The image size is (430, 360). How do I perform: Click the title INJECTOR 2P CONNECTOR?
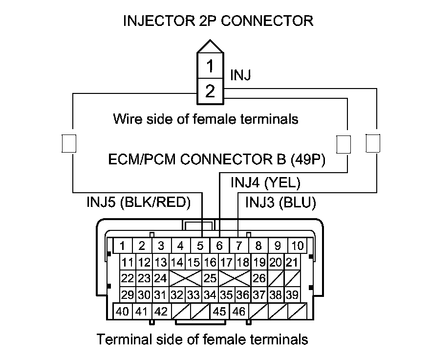(218, 21)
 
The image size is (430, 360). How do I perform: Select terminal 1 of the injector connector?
(210, 66)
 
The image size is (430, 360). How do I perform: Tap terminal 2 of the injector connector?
(210, 91)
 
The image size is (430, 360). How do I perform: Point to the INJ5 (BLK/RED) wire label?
(138, 202)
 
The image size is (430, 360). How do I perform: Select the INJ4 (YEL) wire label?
(265, 183)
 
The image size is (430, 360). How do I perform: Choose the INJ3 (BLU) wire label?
(280, 202)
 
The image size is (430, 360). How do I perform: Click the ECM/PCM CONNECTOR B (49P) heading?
(217, 159)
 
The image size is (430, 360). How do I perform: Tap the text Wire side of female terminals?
(205, 118)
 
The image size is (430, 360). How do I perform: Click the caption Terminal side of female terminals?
(203, 339)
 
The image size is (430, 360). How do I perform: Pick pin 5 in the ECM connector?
(200, 246)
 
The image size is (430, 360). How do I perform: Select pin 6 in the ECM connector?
(219, 246)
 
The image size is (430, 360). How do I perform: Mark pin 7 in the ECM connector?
(239, 246)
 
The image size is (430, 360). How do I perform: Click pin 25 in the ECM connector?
(210, 278)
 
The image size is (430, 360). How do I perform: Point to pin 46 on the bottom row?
(239, 311)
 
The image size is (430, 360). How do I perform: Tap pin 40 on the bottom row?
(123, 311)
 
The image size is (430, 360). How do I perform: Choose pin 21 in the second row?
(292, 262)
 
